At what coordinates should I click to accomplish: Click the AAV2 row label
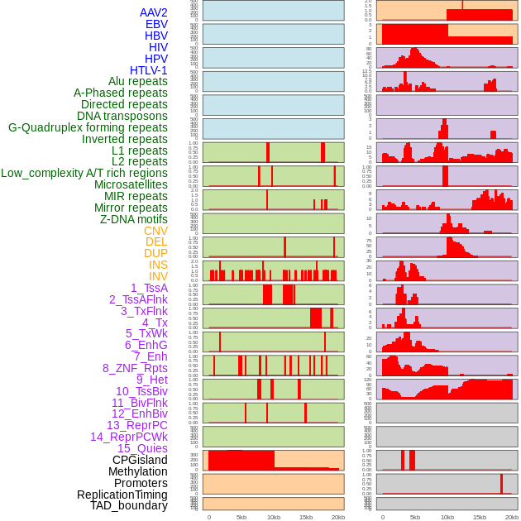(153, 12)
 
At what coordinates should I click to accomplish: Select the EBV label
(156, 24)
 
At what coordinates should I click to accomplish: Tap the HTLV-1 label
(149, 70)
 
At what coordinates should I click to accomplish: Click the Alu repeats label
(138, 81)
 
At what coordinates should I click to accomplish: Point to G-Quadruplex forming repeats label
(88, 127)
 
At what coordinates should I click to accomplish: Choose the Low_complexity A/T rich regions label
(84, 173)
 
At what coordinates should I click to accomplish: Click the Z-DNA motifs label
(134, 219)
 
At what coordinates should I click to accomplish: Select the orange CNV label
(155, 231)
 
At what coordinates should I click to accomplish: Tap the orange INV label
(158, 276)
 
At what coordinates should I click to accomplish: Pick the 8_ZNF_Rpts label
(135, 368)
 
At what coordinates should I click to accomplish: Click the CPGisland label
(140, 460)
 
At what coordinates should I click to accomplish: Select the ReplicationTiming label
(122, 495)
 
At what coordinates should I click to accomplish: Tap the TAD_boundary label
(129, 505)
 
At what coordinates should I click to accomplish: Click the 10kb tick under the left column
(273, 517)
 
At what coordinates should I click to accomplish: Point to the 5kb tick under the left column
(241, 517)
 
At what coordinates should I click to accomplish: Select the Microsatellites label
(131, 184)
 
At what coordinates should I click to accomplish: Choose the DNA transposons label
(122, 116)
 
